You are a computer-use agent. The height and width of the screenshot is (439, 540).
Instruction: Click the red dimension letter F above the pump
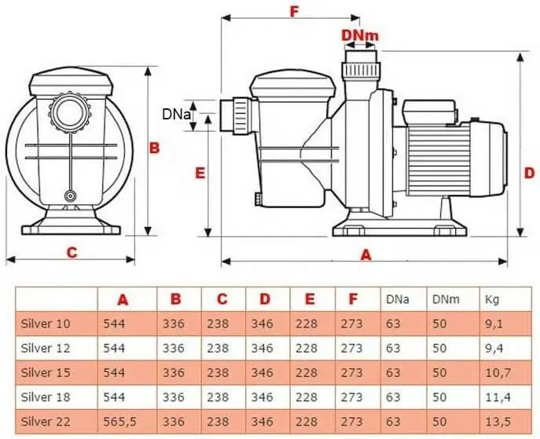(x=293, y=11)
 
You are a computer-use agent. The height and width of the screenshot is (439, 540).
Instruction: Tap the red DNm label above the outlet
(x=360, y=35)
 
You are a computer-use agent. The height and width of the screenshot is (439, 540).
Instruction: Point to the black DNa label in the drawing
(x=176, y=114)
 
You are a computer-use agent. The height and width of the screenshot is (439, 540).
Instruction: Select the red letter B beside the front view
(x=154, y=148)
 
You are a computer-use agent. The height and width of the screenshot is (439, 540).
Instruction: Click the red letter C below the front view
(x=72, y=253)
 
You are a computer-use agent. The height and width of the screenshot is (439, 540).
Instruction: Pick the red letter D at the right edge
(x=529, y=173)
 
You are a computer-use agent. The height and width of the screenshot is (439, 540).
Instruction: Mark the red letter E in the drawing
(x=200, y=173)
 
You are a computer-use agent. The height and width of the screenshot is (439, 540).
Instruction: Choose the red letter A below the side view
(x=366, y=255)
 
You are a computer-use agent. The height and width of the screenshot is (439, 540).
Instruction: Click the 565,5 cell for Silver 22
(x=119, y=421)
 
